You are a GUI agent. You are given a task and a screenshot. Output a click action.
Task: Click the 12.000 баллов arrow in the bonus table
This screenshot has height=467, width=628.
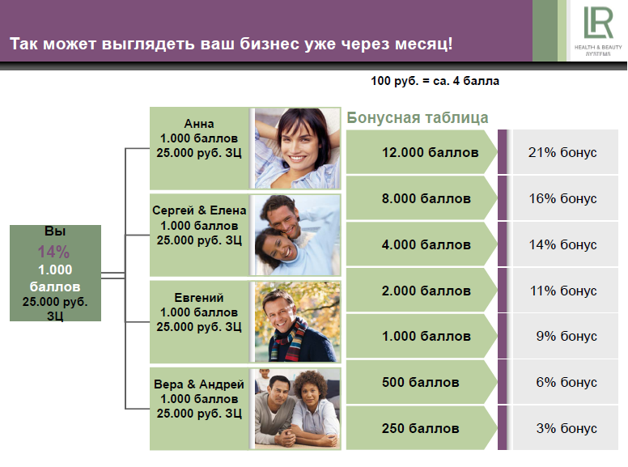coord(422,152)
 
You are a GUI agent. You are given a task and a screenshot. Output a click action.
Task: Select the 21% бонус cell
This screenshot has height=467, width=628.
coord(565,152)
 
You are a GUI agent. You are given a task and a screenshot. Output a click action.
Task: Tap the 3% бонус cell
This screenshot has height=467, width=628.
coord(565,428)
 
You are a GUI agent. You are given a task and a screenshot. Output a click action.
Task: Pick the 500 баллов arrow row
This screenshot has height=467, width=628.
coord(422,382)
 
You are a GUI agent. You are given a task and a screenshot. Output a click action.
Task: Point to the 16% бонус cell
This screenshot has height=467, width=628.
coord(565,198)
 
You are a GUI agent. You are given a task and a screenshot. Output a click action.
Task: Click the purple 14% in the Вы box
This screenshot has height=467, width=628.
coord(53,252)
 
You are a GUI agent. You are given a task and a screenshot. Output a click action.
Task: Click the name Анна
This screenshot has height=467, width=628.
coord(199,124)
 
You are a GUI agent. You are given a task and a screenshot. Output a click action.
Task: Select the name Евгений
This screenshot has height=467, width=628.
coord(199,298)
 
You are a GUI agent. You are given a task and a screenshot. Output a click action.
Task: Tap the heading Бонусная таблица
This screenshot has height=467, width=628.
coord(418,117)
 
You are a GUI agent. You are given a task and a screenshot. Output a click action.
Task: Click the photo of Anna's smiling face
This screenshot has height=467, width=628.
coord(298,149)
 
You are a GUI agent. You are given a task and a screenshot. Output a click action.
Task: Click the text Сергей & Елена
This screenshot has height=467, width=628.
coord(199,210)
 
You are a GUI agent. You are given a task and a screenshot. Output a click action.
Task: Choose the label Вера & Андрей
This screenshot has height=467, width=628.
coord(199,384)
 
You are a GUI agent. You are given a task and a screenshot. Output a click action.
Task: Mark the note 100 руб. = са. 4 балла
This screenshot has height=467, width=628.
coord(435,81)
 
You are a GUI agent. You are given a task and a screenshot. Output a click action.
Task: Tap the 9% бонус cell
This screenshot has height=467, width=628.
coord(565,336)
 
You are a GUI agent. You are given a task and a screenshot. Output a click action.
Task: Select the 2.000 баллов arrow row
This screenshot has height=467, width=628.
coord(422,291)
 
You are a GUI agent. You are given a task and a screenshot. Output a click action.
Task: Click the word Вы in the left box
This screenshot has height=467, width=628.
coord(55,231)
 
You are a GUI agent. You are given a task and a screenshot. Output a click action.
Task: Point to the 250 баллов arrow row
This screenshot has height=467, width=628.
coord(422,428)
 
